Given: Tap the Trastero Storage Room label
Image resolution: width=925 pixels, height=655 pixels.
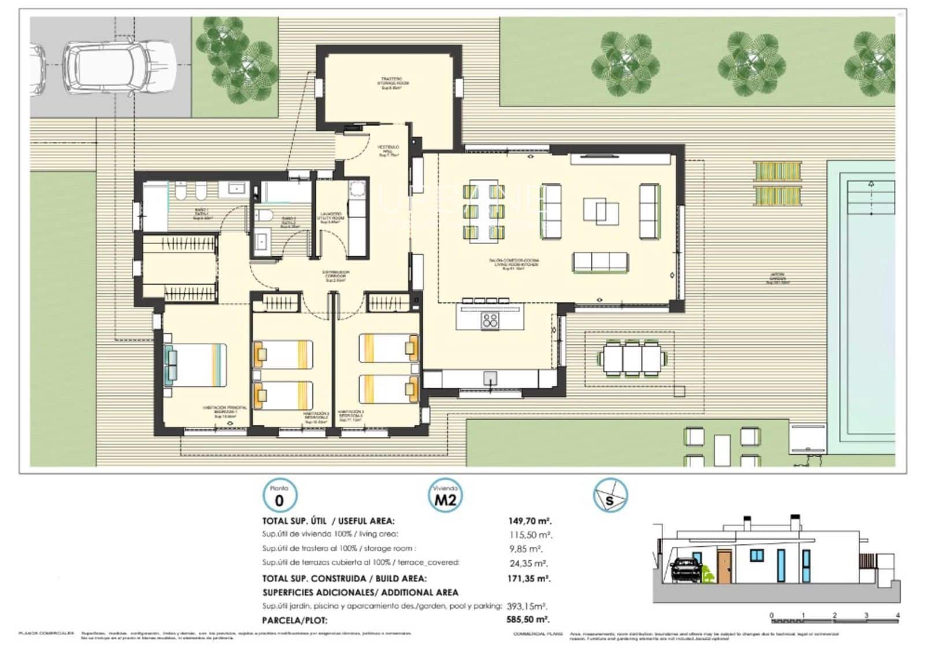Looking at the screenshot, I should [394, 82].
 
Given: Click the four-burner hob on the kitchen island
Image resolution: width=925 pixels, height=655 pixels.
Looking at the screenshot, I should [490, 320].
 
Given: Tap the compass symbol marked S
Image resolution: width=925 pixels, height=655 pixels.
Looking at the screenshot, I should [610, 496].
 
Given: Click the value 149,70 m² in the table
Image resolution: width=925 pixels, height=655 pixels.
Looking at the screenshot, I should [530, 521].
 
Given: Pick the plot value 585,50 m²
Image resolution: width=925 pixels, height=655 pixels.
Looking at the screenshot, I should [527, 620].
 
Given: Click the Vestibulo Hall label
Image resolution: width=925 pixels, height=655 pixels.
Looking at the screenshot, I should [388, 151].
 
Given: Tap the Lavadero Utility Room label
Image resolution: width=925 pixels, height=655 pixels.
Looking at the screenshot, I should [332, 218].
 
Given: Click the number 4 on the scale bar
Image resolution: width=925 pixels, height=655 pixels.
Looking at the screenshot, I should [897, 615].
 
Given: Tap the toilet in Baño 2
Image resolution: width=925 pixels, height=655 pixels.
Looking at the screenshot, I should [265, 216].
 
